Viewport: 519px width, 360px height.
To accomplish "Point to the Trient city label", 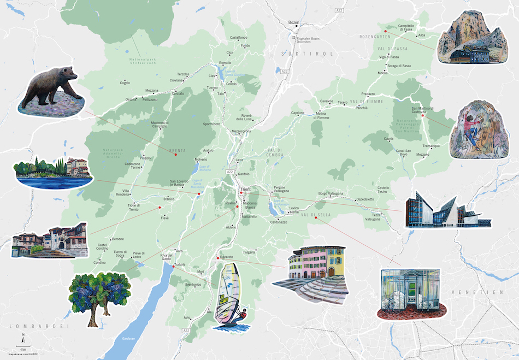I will coord(245,190).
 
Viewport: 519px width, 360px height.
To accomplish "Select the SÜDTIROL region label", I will coord(299,54).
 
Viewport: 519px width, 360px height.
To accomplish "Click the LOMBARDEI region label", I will coord(33,326).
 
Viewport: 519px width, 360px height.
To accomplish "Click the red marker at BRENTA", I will coord(175,155).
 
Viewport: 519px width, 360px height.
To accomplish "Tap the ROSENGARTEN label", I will coord(373,37).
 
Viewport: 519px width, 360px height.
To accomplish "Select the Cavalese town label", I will coord(327,101).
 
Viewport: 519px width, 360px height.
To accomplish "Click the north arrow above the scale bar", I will coord(22,336).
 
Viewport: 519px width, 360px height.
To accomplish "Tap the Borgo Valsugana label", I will coord(331,193).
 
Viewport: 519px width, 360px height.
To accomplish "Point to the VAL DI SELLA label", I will coord(312,215).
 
